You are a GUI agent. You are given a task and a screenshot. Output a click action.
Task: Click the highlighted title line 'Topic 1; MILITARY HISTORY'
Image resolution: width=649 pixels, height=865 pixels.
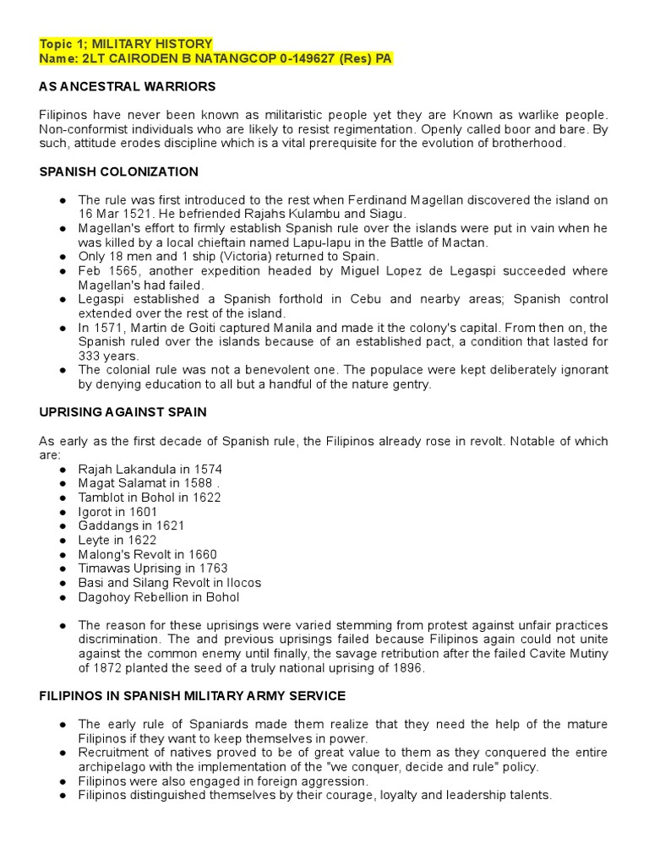tap(126, 43)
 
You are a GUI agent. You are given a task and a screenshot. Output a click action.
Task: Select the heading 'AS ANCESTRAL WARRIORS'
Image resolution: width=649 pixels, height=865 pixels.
tap(128, 86)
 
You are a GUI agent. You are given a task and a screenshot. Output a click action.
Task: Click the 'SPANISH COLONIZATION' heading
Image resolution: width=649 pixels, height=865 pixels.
tap(119, 171)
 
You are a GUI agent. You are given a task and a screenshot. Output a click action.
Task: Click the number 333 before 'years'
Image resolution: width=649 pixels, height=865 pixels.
tap(90, 356)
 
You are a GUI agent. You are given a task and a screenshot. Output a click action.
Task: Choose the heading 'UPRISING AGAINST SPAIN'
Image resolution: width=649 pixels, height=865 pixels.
tap(123, 412)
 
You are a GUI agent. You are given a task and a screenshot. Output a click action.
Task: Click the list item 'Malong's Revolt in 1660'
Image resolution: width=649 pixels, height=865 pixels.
tap(148, 554)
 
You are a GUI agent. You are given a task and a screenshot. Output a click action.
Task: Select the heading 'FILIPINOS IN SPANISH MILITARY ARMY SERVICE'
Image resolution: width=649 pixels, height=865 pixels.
tap(192, 696)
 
